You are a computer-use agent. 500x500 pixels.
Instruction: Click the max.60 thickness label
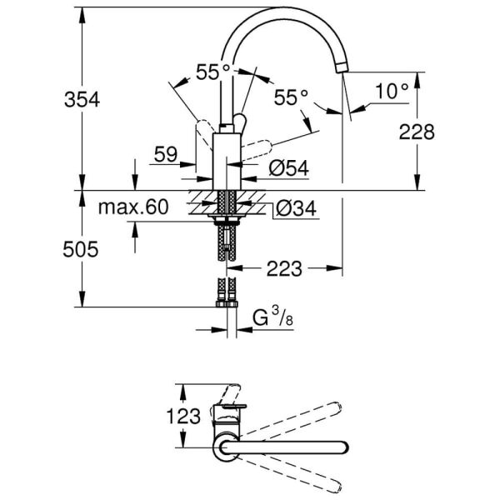pos(132,206)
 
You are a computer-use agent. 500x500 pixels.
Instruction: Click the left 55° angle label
pos(213,72)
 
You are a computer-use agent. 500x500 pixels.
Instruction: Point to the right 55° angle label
pos(292,97)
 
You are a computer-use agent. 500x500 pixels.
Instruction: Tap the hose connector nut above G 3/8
pos(227,305)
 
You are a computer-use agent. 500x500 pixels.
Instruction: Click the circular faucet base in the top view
pos(227,447)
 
